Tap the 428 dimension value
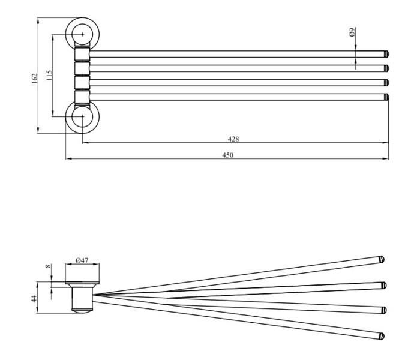[233, 139]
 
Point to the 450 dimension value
[228, 154]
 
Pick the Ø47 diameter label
[82, 260]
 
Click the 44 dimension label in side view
[34, 298]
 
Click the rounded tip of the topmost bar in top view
[386, 53]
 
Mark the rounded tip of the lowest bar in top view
[386, 97]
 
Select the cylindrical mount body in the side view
[82, 298]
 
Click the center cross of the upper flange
[82, 34]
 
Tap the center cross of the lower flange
[82, 117]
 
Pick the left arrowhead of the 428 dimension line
[85, 143]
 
